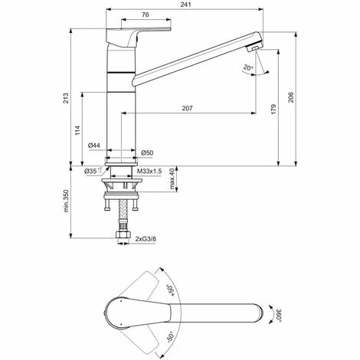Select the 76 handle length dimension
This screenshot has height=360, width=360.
[x=146, y=15]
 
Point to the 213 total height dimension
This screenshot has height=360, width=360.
[x=66, y=98]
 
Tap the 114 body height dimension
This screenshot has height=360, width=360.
[x=77, y=130]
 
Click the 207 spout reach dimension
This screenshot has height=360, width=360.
[x=187, y=108]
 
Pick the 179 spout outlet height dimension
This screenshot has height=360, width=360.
[x=273, y=109]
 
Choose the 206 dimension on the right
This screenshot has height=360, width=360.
[x=291, y=97]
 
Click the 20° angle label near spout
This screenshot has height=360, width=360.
[x=248, y=67]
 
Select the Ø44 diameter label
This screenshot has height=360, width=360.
[x=93, y=146]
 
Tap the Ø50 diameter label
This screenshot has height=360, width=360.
[x=147, y=152]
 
